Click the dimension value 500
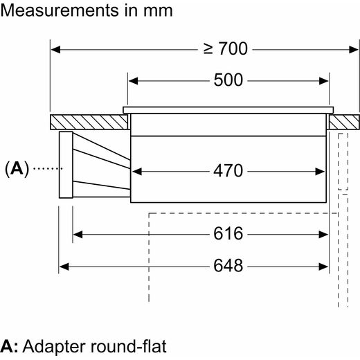coord(228,80)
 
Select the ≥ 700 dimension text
coord(226,48)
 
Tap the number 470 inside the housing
coord(228,171)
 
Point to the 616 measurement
coord(228,233)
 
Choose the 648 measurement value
coord(228,266)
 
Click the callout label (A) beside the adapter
coord(17,169)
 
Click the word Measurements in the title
coord(60,10)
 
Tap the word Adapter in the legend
coord(55,347)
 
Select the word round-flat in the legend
coord(129,346)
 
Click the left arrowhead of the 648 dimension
coord(64,267)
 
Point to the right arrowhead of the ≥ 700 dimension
coord(354,50)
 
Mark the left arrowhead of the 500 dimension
coord(133,81)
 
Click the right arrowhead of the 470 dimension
coord(320,172)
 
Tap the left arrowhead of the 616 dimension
coord(78,235)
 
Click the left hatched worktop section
coord(89,122)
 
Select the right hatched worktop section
coord(344,122)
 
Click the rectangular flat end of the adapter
coord(66,165)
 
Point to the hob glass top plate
coord(228,110)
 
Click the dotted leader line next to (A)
coord(48,169)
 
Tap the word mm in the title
coord(158,12)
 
